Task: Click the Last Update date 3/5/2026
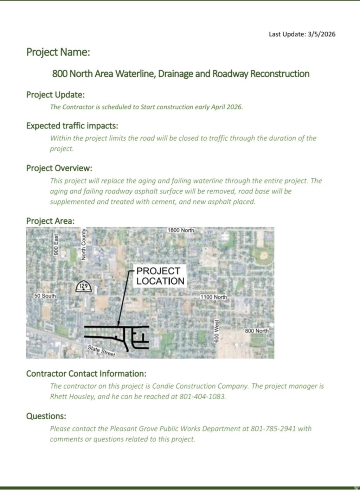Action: [x=321, y=34]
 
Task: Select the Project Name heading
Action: [x=58, y=52]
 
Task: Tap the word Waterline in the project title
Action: [x=135, y=74]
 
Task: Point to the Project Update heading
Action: [x=55, y=95]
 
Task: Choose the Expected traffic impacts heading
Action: [x=72, y=126]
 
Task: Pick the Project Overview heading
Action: [x=59, y=168]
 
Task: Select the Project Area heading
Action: [x=50, y=221]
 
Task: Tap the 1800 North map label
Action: [x=181, y=230]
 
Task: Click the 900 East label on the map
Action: [x=56, y=244]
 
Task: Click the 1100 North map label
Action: [x=213, y=297]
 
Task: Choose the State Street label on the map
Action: [x=101, y=351]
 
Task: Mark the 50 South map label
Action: [x=45, y=296]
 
